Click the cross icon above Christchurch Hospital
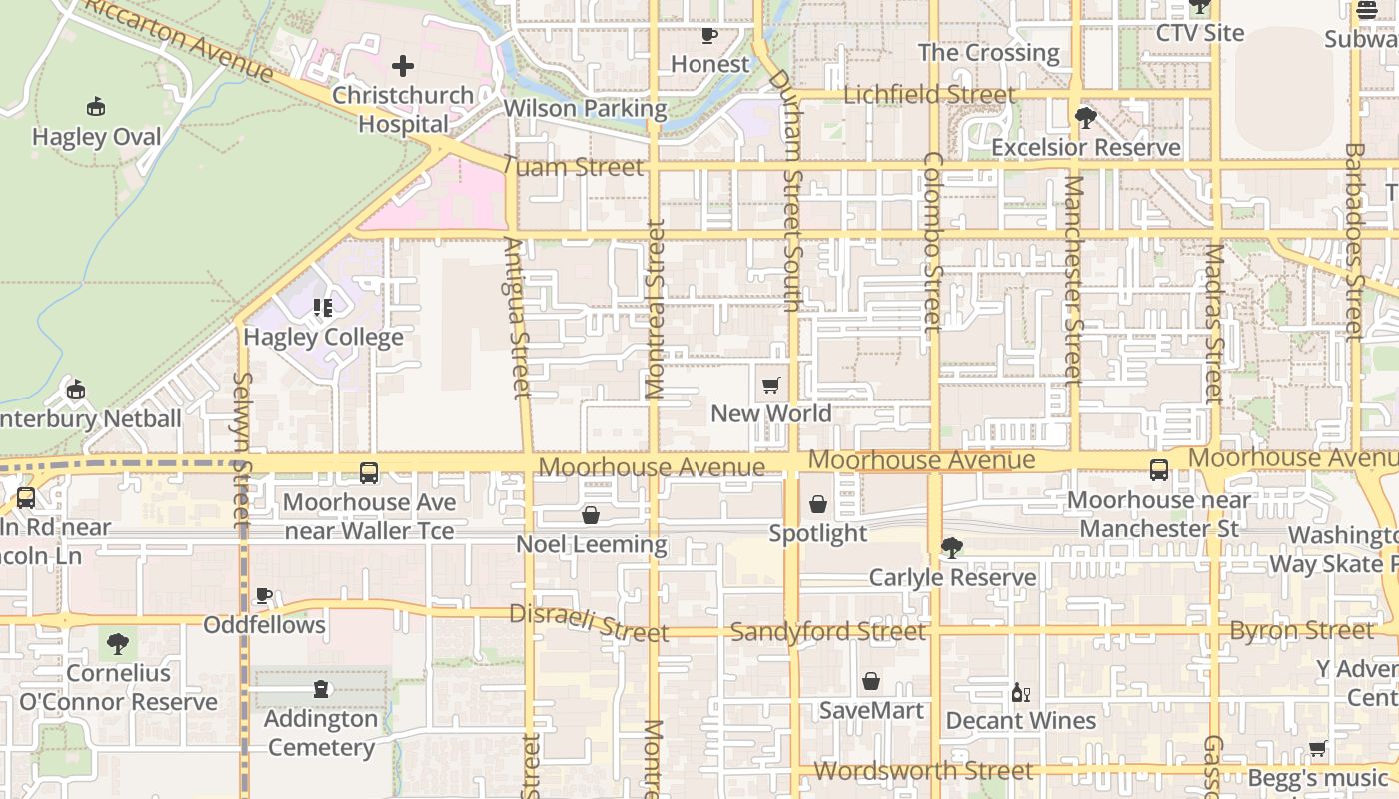click(403, 67)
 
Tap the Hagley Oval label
click(96, 137)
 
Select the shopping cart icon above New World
click(770, 386)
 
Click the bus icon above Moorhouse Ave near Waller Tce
click(369, 473)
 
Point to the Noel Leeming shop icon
click(591, 515)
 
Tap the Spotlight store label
click(818, 533)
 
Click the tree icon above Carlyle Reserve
click(951, 547)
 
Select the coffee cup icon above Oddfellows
click(264, 595)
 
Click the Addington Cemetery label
click(321, 733)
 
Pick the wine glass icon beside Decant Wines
click(1020, 692)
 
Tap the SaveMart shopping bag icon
click(871, 681)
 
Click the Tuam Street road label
click(573, 167)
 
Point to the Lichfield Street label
click(929, 95)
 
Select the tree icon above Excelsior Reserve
click(1085, 118)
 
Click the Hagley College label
click(323, 337)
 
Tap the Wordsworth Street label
click(923, 771)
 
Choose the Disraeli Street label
click(588, 623)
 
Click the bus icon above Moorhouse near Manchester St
click(1159, 470)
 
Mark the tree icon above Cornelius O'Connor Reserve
click(118, 643)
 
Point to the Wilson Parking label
click(585, 108)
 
